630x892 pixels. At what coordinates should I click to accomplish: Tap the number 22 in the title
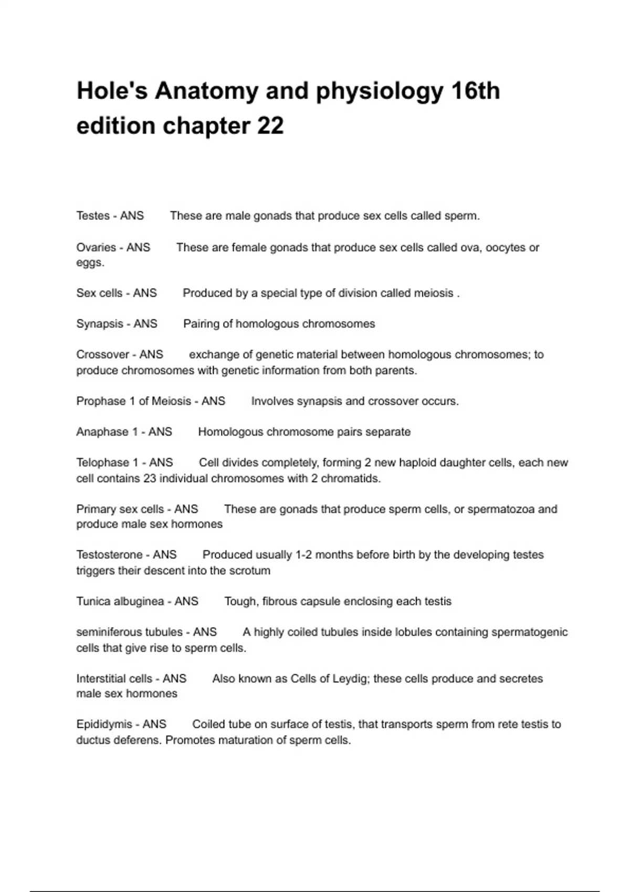point(270,126)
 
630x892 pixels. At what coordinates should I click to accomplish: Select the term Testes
point(93,216)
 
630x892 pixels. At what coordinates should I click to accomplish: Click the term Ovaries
point(96,247)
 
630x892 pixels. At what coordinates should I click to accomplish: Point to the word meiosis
point(434,293)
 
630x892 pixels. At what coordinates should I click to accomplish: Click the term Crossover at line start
point(102,355)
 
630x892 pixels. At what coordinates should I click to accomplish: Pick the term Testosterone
point(109,555)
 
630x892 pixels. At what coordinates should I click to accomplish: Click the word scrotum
point(250,570)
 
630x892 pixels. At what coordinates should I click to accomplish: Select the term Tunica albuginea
point(120,601)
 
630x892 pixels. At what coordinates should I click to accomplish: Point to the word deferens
point(138,740)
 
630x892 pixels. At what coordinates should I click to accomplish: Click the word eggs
point(89,263)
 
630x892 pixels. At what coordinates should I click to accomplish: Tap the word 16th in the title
point(475,91)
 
